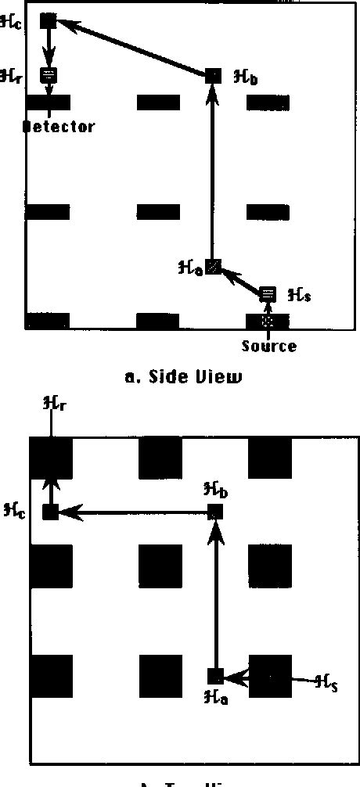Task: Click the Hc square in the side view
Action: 48,21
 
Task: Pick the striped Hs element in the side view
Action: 268,294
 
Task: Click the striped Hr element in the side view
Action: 48,75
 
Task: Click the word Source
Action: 268,345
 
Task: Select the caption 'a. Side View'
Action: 185,377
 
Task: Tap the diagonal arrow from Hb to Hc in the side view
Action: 133,49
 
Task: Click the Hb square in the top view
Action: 216,512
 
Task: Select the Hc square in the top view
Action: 51,512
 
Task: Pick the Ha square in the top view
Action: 216,676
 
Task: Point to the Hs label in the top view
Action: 326,682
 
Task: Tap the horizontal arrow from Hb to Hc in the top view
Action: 133,512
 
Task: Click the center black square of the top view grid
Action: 160,566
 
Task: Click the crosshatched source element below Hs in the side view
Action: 268,320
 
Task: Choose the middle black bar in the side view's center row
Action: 158,212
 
